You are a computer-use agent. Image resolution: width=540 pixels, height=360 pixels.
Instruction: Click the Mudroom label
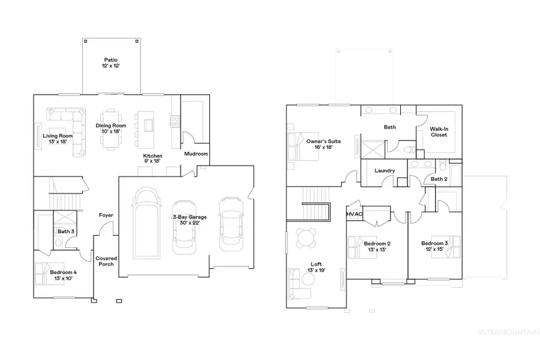pos(196,154)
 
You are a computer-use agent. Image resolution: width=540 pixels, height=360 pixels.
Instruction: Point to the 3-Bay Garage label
pos(190,220)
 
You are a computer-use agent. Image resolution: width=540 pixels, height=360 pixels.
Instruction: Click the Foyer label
pos(106,215)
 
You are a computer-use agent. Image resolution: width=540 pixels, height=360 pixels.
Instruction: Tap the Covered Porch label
pos(106,262)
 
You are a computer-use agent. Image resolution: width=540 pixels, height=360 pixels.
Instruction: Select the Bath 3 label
pos(66,231)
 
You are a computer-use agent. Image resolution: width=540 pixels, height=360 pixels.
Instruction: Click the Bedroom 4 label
pos(63,276)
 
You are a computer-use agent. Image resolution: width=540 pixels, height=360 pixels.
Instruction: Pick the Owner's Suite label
pos(323,145)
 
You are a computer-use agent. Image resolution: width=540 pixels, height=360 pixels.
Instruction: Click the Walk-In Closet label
pos(439,131)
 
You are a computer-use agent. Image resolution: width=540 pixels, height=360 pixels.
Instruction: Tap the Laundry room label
pos(384,171)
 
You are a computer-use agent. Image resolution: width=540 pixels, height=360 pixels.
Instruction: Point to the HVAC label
pos(353,214)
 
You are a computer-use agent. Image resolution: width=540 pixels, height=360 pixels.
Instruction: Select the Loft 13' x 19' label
pos(316,267)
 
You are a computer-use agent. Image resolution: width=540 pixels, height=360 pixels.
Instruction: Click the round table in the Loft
pos(307,238)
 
